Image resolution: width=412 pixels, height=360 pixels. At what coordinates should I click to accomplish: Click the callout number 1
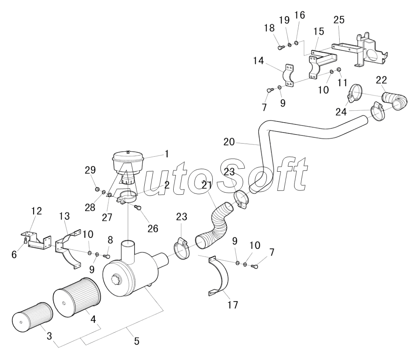point(167,154)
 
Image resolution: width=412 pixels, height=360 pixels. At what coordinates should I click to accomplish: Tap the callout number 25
point(339,20)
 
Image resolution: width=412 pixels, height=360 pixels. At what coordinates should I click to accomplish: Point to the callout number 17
point(232,305)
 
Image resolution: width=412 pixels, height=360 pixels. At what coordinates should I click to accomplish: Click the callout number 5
point(136,341)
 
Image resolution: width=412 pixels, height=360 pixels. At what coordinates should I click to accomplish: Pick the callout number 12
point(36,210)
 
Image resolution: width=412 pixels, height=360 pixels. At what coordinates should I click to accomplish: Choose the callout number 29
point(90,170)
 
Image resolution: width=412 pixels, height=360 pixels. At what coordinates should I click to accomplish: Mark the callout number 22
point(381,80)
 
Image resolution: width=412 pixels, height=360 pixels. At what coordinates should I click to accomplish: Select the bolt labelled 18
point(281,48)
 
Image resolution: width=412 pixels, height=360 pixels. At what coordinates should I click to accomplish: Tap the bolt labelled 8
point(107,256)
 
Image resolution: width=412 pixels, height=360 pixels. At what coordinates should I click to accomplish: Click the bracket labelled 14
point(290,76)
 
